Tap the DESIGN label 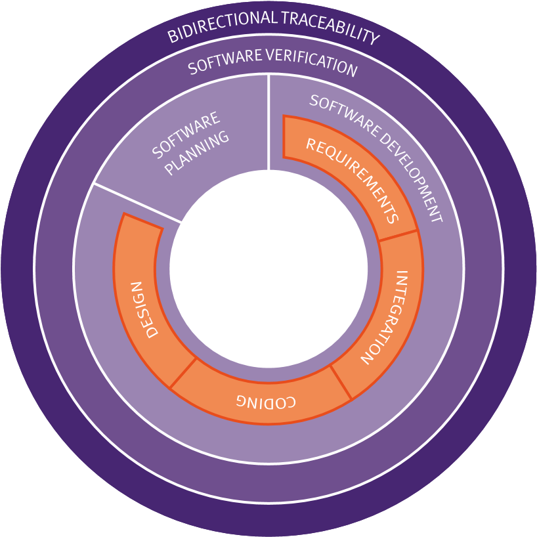click(x=144, y=309)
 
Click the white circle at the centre click(x=268, y=269)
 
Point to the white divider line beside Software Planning click(x=137, y=203)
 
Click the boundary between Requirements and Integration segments click(x=398, y=237)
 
